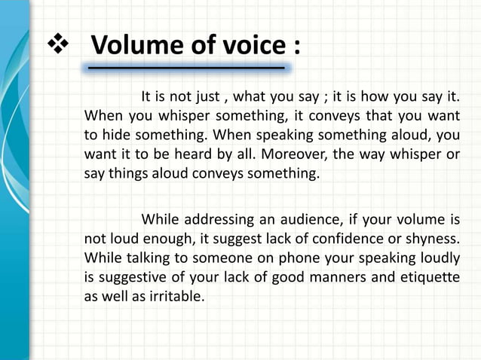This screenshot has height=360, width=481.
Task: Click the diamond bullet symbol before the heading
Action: pyautogui.click(x=58, y=44)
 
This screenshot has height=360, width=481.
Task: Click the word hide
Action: pyautogui.click(x=112, y=136)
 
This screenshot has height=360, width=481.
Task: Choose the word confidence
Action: pyautogui.click(x=335, y=239)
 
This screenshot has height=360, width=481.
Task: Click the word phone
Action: pyautogui.click(x=261, y=258)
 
